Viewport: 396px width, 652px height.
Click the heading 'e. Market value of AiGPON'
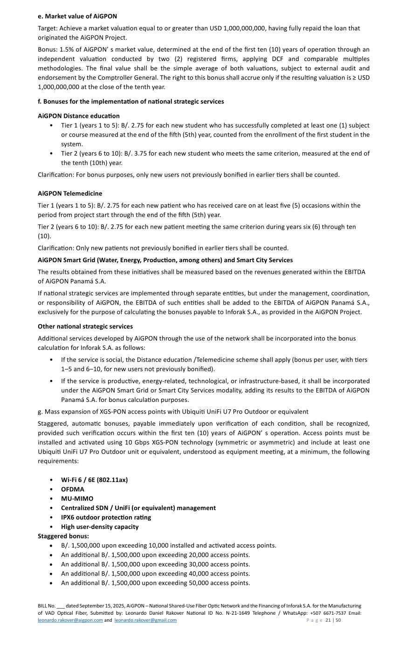click(77, 16)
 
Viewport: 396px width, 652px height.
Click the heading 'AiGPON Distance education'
click(79, 116)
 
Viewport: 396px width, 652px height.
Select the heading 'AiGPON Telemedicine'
click(70, 193)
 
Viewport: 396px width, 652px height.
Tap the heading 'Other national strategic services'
click(85, 326)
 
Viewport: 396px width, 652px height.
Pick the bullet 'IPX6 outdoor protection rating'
click(106, 517)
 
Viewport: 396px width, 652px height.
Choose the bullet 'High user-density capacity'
click(100, 527)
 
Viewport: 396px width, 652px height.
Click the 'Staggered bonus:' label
click(63, 536)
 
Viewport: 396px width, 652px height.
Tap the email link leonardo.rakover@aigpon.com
click(70, 620)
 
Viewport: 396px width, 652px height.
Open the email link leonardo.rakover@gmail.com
click(145, 620)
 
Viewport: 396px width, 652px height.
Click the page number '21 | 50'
click(334, 620)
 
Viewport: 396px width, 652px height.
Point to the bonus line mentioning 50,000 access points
click(155, 583)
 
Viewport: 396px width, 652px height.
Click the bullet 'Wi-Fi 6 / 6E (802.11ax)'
click(94, 480)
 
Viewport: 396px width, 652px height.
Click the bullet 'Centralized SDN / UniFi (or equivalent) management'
click(138, 508)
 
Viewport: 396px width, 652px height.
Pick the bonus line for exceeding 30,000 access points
click(155, 564)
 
